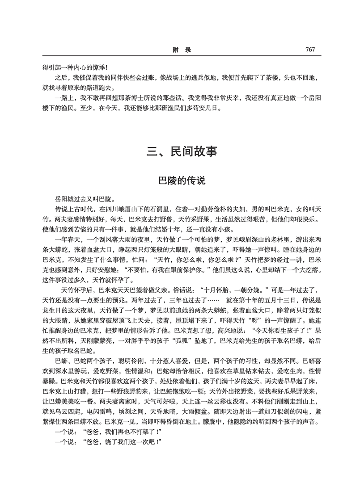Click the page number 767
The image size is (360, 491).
[310, 50]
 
